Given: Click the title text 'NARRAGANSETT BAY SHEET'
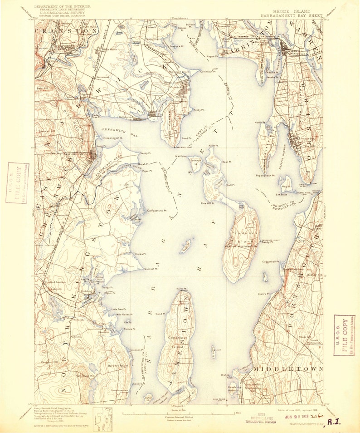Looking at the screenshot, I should click(x=291, y=15).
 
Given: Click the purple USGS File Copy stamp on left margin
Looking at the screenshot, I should click(x=17, y=182).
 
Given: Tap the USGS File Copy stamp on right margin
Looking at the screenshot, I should click(x=344, y=335).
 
